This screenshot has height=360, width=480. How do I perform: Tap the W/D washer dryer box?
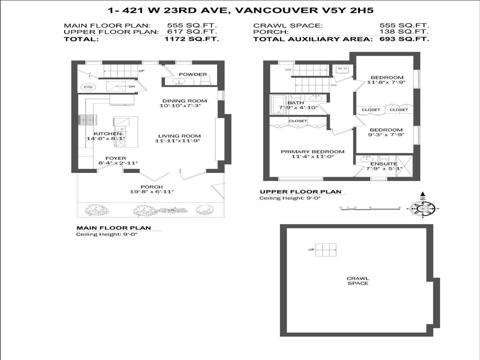343,69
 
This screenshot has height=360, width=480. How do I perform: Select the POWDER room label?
193,75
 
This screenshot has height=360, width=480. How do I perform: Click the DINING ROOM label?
184,101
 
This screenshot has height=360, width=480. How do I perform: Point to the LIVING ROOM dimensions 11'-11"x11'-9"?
178,141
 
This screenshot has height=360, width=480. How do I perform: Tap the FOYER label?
115,158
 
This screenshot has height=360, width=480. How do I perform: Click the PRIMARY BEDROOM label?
312,152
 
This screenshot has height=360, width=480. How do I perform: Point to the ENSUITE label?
383,164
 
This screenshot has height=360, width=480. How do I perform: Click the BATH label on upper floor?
295,103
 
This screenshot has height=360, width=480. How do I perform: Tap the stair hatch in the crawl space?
326,250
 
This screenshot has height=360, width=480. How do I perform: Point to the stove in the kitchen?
86,120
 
